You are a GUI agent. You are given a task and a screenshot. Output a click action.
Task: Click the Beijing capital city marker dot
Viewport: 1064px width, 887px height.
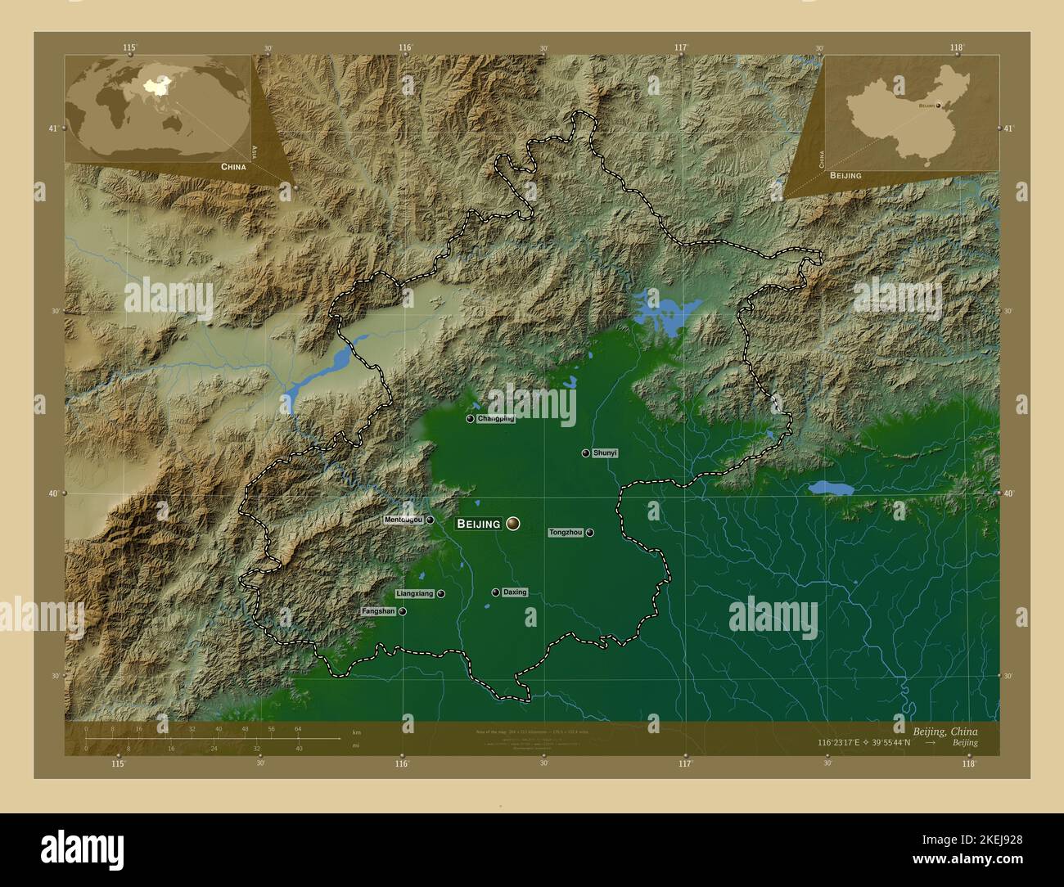513,523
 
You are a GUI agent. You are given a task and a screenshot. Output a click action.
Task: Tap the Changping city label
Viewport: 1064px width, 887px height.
496,419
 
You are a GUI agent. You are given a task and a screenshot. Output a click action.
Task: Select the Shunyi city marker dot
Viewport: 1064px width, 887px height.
586,453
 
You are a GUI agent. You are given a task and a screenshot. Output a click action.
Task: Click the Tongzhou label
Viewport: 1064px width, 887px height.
566,533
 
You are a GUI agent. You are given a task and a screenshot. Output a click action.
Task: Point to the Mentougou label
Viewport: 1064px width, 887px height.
404,520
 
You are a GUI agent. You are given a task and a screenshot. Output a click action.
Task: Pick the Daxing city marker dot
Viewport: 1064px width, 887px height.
495,592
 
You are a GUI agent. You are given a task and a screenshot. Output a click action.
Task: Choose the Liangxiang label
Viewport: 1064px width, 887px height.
414,593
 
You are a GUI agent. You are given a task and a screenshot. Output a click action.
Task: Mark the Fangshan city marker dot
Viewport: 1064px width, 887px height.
403,611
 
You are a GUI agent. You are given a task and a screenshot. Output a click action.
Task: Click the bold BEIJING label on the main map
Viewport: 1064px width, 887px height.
478,524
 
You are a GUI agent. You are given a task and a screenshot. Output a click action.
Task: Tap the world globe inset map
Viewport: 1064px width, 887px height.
158,109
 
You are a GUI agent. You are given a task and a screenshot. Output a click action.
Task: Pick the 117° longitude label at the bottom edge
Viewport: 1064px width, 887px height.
685,763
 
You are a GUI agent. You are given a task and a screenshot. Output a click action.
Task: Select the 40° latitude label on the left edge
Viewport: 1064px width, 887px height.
56,493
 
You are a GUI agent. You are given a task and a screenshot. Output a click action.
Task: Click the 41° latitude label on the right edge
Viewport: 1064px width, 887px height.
1008,128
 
